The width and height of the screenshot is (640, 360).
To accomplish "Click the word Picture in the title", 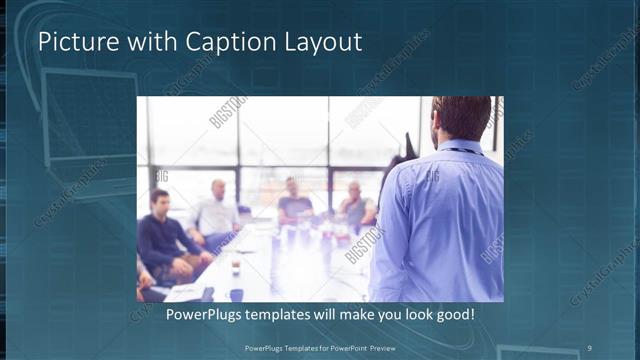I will pos(72,42).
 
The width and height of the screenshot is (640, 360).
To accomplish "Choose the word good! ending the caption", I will pos(454,315).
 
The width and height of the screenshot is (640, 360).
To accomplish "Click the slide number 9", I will pos(589,347).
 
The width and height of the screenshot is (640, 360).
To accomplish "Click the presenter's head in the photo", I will pos(462,118).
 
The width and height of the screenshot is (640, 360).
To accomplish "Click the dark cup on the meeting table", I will pos(235,267).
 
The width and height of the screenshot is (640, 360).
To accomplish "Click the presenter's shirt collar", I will pos(461,148).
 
